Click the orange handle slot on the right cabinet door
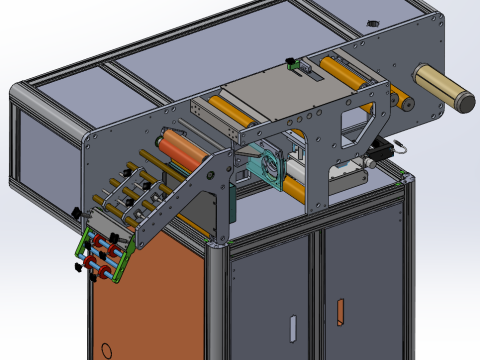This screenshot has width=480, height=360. click(x=342, y=311)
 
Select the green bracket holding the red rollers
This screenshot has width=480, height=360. click(x=104, y=254)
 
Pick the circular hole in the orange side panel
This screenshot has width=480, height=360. click(x=105, y=351)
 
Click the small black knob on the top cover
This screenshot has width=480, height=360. click(x=372, y=22)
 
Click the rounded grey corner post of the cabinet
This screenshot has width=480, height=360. click(x=216, y=300)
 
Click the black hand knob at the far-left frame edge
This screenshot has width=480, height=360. click(x=75, y=214)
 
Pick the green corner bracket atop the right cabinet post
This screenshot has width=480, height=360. click(x=403, y=179)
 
